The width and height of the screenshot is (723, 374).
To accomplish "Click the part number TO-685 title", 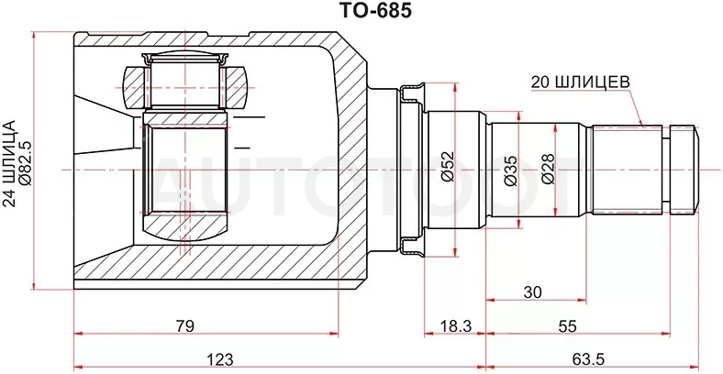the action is [x=375, y=11].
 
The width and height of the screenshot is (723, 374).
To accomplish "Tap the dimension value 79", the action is [x=184, y=325].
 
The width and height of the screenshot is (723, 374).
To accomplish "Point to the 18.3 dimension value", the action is [x=455, y=326].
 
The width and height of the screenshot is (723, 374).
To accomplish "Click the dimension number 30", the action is [x=532, y=292].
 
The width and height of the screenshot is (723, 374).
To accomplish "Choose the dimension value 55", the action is [x=567, y=326].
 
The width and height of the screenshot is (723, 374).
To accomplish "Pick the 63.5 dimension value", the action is [x=588, y=358].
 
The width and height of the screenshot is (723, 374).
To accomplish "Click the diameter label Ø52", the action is [x=447, y=166].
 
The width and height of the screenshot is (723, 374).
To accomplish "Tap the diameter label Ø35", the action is [x=511, y=170].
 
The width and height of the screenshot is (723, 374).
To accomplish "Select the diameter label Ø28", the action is [x=549, y=169].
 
